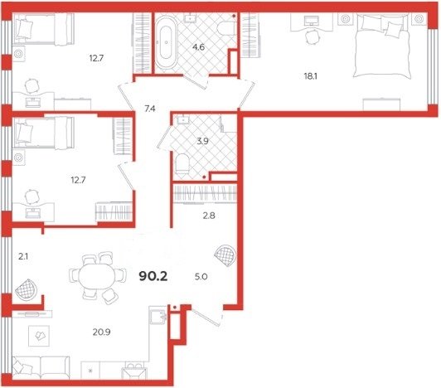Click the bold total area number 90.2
153,277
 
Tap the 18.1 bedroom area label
311,76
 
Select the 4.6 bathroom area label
198,47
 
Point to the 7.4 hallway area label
150,109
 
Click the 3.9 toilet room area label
202,141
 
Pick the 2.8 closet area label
209,216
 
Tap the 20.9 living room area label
101,332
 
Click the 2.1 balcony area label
23,257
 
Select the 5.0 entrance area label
201,277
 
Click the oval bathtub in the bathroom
167,42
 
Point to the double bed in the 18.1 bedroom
381,46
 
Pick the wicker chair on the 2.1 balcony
27,289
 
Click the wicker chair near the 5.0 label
225,255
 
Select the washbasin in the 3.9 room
183,120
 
